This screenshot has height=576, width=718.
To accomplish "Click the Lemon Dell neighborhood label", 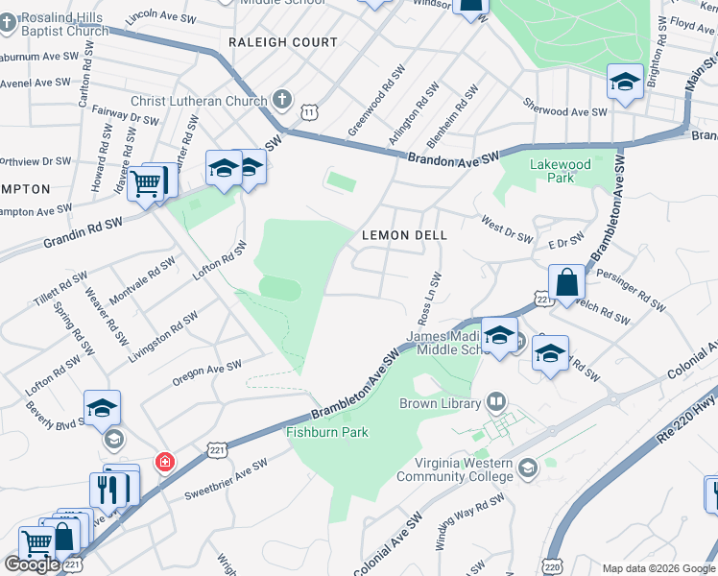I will click(x=404, y=235).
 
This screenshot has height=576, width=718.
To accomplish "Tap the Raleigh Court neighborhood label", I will click(x=283, y=42).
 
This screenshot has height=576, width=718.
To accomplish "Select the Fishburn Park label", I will click(x=327, y=432).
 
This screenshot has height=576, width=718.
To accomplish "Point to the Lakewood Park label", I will click(x=561, y=171).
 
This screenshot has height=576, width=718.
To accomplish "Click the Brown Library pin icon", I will click(x=496, y=400).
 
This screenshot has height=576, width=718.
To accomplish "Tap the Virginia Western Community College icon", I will click(x=527, y=468).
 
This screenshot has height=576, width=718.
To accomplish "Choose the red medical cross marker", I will click(x=165, y=462).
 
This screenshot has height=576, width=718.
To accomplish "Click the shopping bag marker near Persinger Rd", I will click(x=567, y=283).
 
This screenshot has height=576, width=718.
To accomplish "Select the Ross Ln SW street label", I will click(x=428, y=299).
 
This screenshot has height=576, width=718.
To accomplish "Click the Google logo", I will click(x=32, y=564).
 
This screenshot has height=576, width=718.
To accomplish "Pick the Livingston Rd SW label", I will click(x=163, y=336).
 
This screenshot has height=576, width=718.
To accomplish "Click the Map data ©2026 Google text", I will click(x=658, y=568).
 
